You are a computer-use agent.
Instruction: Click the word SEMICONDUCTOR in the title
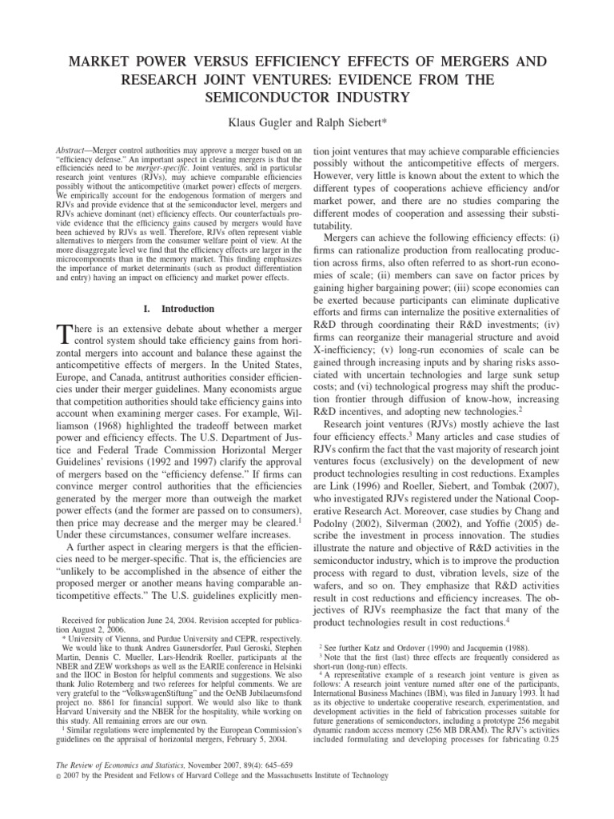307,98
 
